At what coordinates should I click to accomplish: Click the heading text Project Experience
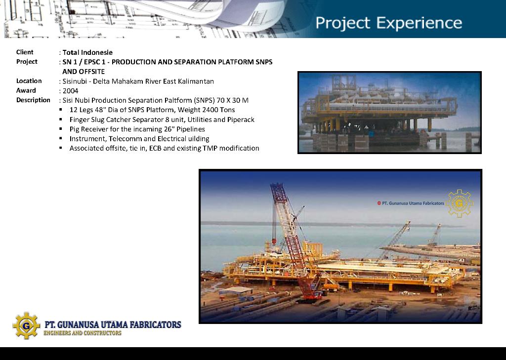388,23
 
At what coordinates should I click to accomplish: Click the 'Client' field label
25,52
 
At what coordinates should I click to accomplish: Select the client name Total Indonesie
87,52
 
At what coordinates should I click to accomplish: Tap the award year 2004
70,91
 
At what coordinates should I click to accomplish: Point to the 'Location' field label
29,80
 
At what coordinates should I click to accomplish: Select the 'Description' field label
33,100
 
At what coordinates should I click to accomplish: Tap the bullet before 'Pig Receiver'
61,129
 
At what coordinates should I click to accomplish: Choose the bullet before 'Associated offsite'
61,148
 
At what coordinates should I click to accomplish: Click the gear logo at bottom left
26,325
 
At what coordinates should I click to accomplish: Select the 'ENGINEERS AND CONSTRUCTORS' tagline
83,333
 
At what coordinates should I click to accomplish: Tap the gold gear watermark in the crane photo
459,203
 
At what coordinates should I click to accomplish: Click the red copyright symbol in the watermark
379,203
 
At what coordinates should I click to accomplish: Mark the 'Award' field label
26,90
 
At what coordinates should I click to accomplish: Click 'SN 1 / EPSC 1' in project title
84,62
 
